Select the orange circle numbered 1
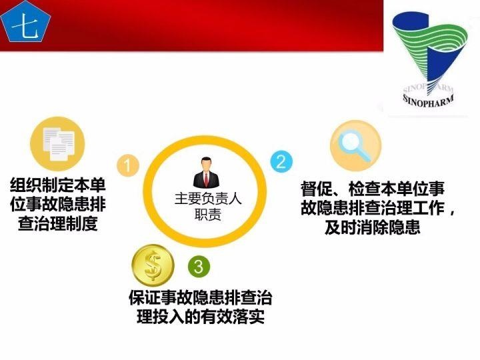coord(127,164)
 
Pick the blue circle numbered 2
coord(280,161)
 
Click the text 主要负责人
coord(207,198)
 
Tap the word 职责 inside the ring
coord(207,215)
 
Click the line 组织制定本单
coord(58,185)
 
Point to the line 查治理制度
coord(58,223)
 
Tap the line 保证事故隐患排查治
coord(200,297)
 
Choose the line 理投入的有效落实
coord(200,317)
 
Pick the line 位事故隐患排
coord(58,204)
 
